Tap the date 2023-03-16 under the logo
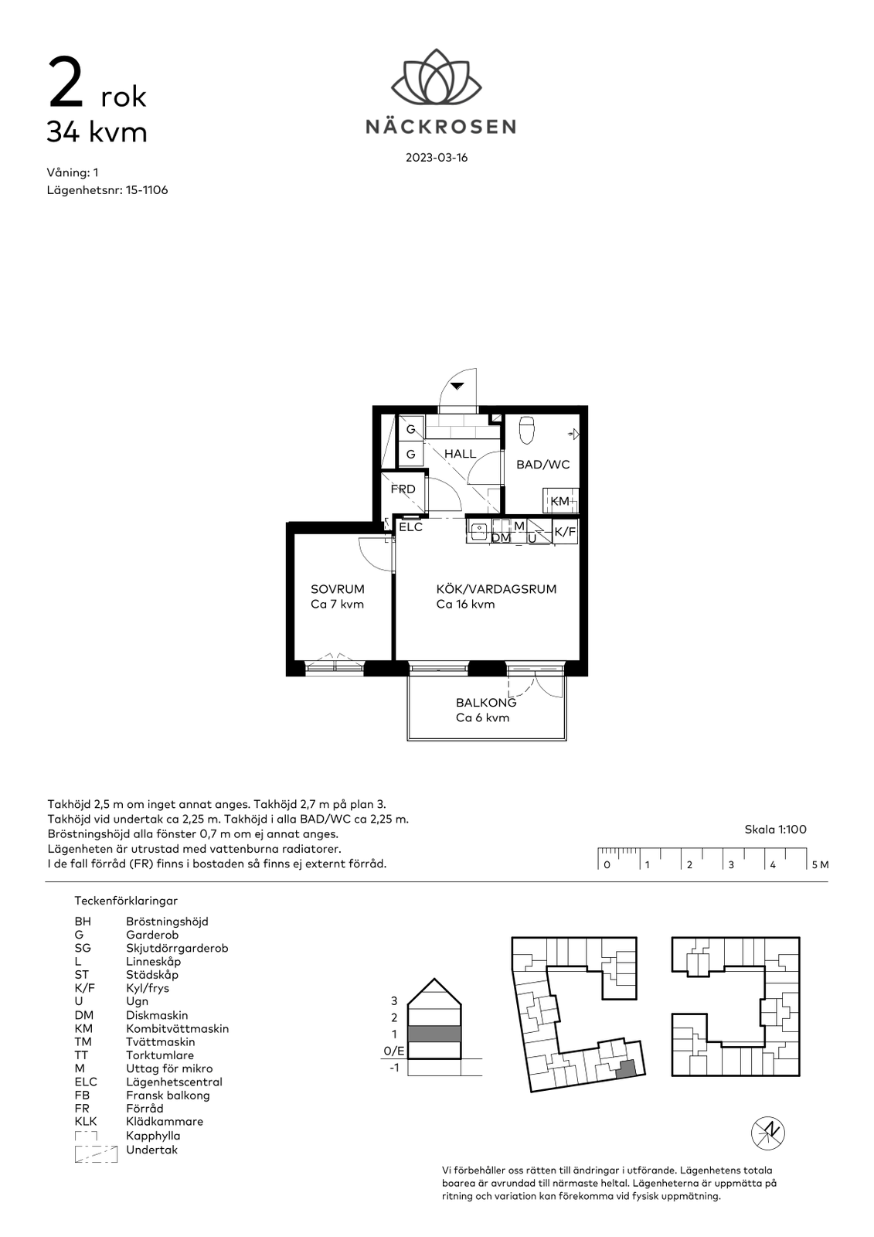pyautogui.click(x=437, y=158)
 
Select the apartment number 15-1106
pyautogui.click(x=146, y=190)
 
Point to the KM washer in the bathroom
pyautogui.click(x=560, y=500)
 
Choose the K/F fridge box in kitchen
pyautogui.click(x=566, y=532)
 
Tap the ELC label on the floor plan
pyautogui.click(x=411, y=526)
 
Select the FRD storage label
pyautogui.click(x=403, y=489)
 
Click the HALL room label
pyautogui.click(x=461, y=454)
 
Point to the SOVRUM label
pyautogui.click(x=338, y=589)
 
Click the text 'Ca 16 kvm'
pyautogui.click(x=465, y=605)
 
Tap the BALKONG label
pyautogui.click(x=486, y=703)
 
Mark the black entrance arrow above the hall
pyautogui.click(x=457, y=387)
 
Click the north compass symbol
pyautogui.click(x=768, y=1133)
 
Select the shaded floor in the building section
pyautogui.click(x=434, y=1034)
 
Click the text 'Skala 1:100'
pyautogui.click(x=775, y=830)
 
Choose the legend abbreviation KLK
pyautogui.click(x=86, y=1122)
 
